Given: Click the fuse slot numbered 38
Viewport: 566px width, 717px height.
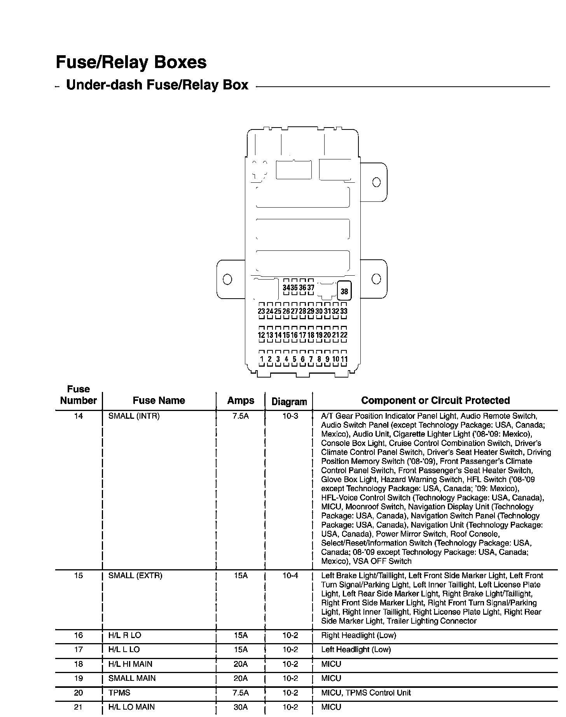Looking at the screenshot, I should pos(344,291).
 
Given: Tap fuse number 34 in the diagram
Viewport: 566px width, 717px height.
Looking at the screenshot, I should pos(286,288).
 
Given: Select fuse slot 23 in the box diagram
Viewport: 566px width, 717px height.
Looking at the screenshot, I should pos(261,311).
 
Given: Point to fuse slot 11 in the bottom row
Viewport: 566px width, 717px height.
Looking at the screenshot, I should pos(344,359).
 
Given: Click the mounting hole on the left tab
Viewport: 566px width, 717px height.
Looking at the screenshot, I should pos(227,279).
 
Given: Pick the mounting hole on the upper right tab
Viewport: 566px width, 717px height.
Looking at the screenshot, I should pos(376,182).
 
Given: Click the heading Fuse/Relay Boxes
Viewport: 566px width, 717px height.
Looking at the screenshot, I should pos(131,62).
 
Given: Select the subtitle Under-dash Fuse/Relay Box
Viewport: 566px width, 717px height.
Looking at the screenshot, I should pos(157,85).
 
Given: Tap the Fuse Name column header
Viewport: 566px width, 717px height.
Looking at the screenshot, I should pos(159,400).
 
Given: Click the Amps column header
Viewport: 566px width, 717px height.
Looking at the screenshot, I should pos(241,400).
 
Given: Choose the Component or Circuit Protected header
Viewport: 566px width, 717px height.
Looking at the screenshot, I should pos(435,400).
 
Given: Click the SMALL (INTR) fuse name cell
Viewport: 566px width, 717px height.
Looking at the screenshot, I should pos(134,416).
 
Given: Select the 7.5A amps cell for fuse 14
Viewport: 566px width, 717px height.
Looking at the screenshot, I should pos(241,416).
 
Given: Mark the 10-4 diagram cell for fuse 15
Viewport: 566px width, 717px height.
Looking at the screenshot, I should pos(290,575).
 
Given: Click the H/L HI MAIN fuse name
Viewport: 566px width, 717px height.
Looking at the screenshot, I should pos(130,664).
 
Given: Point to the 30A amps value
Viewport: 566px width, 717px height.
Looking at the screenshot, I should pos(241,707).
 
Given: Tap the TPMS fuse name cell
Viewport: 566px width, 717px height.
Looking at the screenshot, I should pos(119,693).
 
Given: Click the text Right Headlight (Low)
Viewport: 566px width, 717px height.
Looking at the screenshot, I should pos(358,635).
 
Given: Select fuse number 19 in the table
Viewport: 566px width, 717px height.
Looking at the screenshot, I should pos(79,678).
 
